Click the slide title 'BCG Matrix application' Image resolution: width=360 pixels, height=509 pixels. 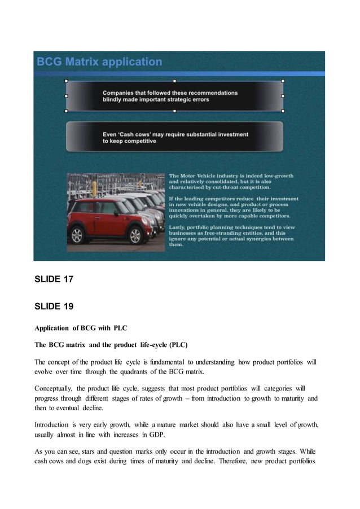pos(99,62)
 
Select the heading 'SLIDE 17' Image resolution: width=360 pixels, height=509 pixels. pos(54,279)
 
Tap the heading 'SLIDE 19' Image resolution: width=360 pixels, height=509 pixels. pos(54,306)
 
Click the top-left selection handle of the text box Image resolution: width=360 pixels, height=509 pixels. pos(67,81)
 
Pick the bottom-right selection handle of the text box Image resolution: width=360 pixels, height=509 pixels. pos(283,111)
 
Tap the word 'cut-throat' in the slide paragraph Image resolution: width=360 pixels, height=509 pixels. pos(221,187)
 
